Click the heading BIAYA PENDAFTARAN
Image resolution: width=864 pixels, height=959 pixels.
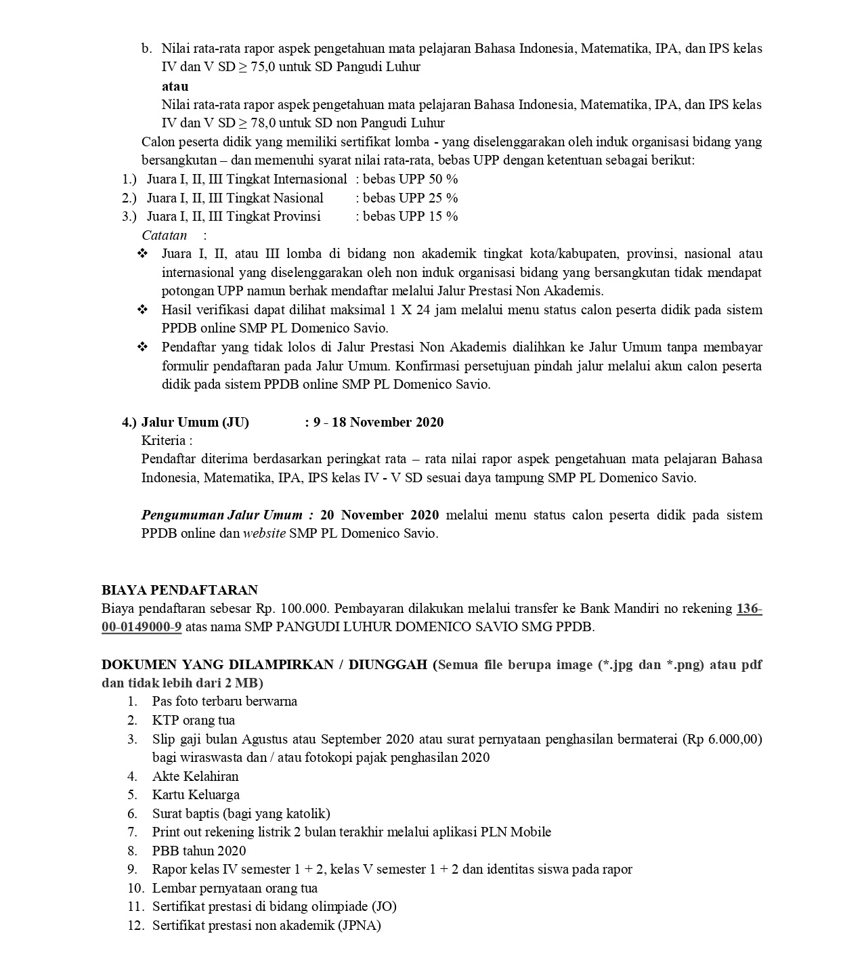(x=179, y=590)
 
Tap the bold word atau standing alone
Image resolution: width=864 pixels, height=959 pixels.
(x=175, y=86)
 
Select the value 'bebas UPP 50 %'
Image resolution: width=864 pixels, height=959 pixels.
(x=410, y=179)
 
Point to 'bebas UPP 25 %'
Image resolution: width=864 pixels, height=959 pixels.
(x=410, y=198)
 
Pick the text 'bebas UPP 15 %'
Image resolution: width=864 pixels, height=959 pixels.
(x=410, y=216)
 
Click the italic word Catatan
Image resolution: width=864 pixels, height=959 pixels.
(x=164, y=235)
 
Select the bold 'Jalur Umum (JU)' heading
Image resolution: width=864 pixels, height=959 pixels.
(x=195, y=422)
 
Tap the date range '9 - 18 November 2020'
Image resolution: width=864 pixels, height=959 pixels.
(x=379, y=422)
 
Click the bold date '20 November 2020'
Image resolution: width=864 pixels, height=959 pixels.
(x=379, y=515)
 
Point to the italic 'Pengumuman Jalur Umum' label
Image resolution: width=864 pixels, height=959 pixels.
(x=227, y=515)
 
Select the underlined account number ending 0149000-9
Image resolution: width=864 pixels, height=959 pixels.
(x=142, y=626)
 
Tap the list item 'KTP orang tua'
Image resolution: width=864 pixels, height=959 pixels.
(x=194, y=720)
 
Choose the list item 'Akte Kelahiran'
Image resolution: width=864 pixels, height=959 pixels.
(x=195, y=776)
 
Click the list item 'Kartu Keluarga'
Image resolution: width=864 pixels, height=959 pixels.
(x=196, y=794)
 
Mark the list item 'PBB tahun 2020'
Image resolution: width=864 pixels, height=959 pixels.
(x=199, y=851)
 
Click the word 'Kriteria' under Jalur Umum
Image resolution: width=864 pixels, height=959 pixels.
(x=163, y=440)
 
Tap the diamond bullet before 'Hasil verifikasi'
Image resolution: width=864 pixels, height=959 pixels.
(x=142, y=310)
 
